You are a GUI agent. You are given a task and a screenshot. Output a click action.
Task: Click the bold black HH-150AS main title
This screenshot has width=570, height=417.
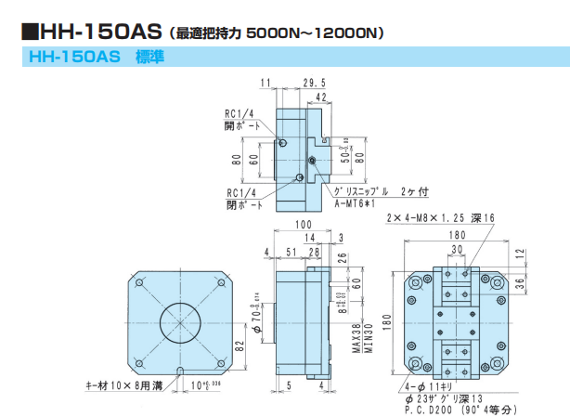point(92,31)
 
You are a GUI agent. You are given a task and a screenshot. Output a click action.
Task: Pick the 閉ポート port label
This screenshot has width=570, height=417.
point(238,204)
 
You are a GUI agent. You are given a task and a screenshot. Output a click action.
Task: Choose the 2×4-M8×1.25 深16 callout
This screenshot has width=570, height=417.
point(442,216)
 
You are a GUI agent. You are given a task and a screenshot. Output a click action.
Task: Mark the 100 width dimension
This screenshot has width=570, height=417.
point(304,225)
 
